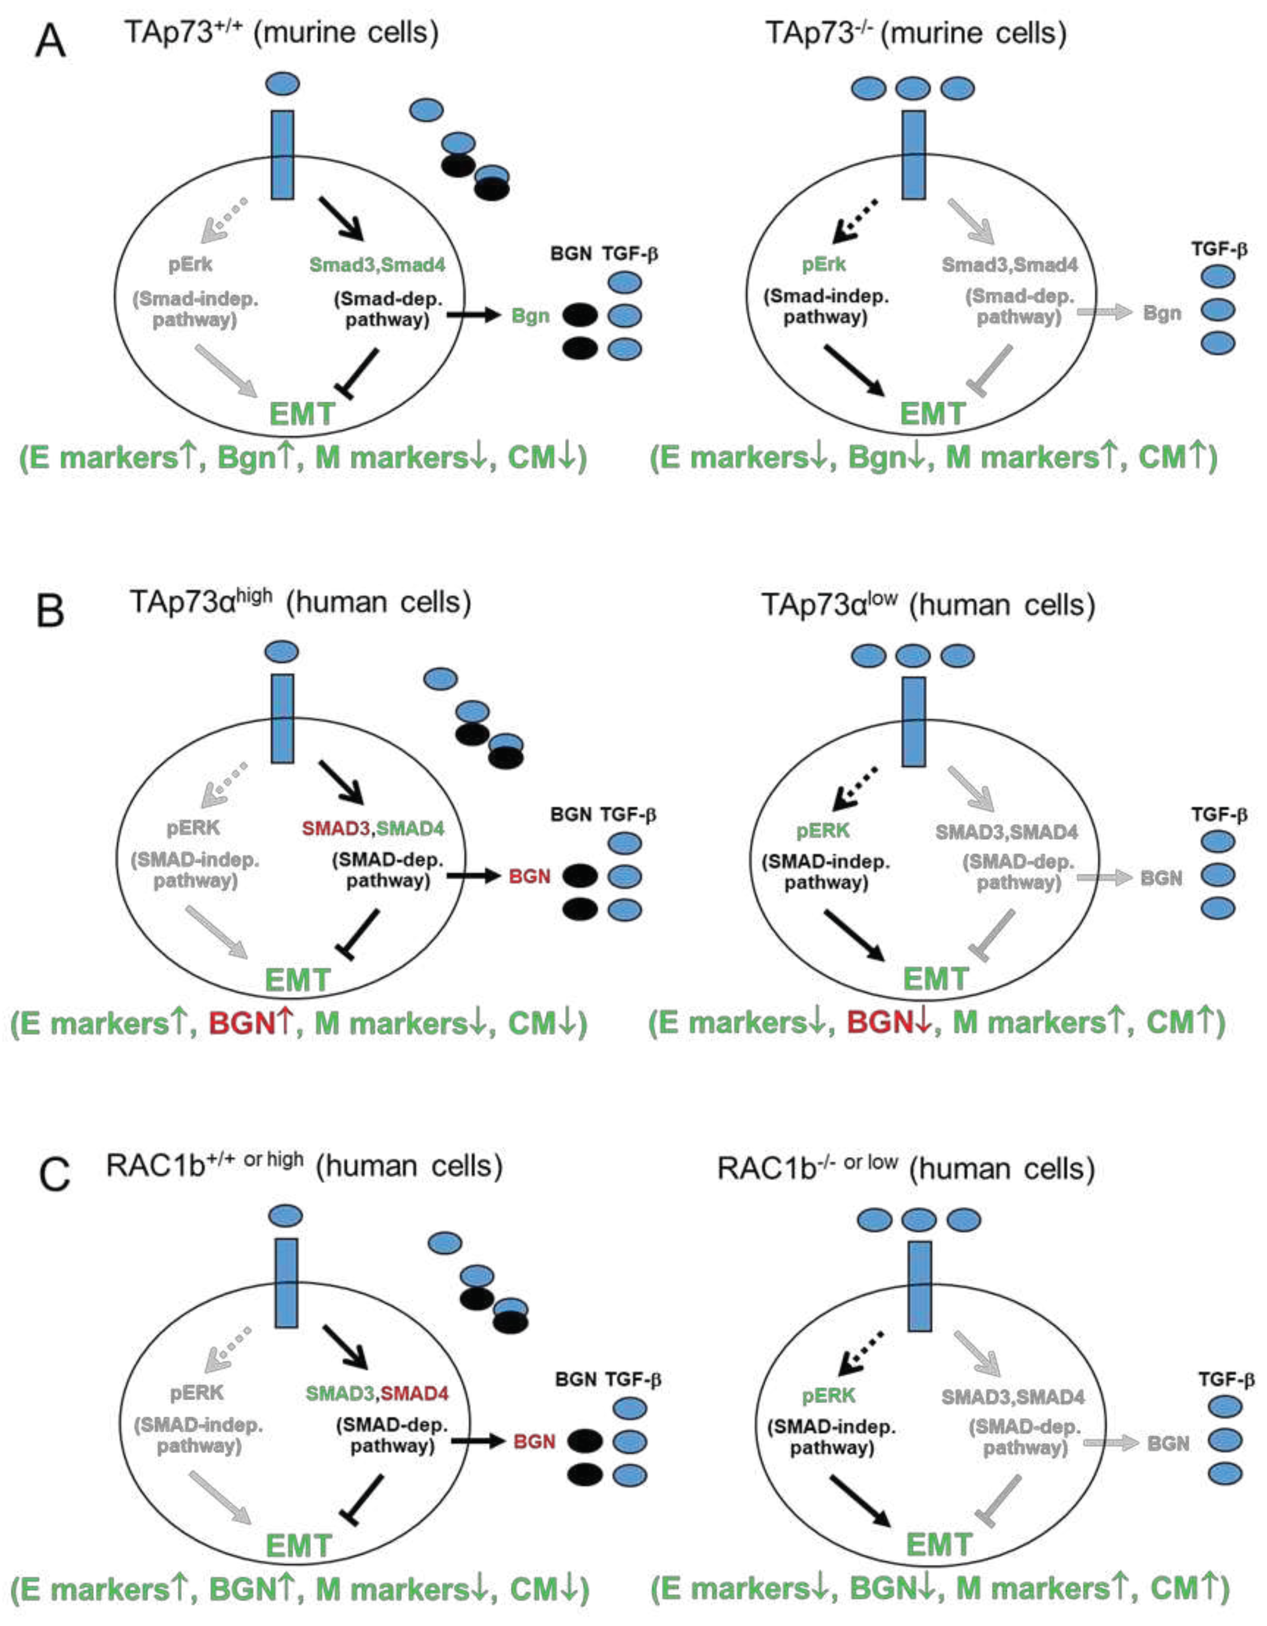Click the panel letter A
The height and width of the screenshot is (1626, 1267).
point(50,42)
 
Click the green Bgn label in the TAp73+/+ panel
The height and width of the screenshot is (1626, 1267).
point(530,315)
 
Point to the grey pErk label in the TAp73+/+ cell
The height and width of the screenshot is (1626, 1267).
point(190,264)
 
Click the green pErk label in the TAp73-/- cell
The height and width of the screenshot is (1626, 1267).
point(824,264)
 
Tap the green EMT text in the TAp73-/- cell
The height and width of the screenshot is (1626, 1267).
point(932,414)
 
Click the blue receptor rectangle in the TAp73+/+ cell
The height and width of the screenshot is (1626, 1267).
point(282,155)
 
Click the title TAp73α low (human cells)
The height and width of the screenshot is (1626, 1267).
point(928,605)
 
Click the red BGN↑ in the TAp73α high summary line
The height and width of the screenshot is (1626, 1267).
point(251,1024)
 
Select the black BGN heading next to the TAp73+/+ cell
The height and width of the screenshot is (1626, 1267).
point(571,254)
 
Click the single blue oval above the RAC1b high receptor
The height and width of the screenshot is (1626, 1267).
point(286,1216)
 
